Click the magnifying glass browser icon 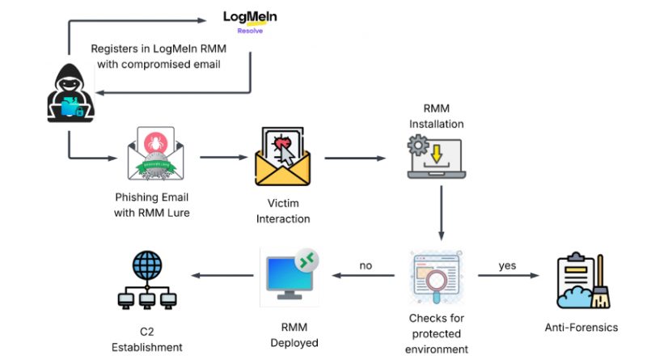click(437, 276)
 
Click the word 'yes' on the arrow click(507, 265)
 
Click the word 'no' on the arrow click(366, 265)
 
